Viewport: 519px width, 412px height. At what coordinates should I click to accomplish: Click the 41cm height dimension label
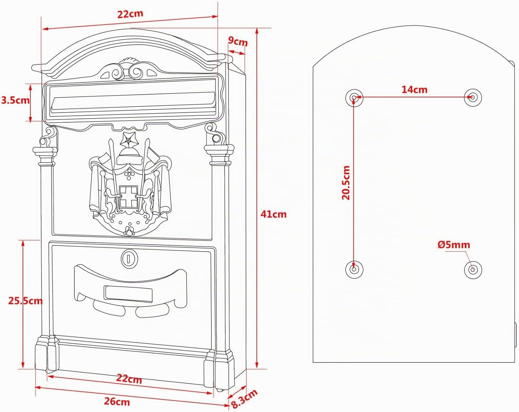[x=273, y=214]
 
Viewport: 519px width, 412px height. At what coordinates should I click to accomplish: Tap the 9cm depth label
[x=238, y=42]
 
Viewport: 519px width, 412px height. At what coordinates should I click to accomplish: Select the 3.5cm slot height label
[x=16, y=100]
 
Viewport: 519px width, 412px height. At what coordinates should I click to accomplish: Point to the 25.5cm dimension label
[x=25, y=301]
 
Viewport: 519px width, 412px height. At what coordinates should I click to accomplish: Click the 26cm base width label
[x=117, y=401]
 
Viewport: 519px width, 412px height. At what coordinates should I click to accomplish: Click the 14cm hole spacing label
[x=414, y=90]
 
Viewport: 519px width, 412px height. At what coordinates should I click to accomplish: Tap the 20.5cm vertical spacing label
[x=346, y=183]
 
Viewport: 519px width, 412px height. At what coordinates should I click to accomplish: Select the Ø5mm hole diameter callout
[x=454, y=245]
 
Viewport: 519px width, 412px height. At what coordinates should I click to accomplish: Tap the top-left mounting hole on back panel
[x=354, y=98]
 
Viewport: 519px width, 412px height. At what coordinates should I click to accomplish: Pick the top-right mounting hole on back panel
[x=473, y=98]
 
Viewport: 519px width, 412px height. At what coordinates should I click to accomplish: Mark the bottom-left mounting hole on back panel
[x=354, y=269]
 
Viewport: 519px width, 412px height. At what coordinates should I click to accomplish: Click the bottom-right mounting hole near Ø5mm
[x=473, y=270]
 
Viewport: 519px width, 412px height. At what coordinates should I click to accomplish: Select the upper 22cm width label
[x=130, y=14]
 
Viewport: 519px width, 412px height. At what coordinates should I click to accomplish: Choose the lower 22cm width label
[x=129, y=379]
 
